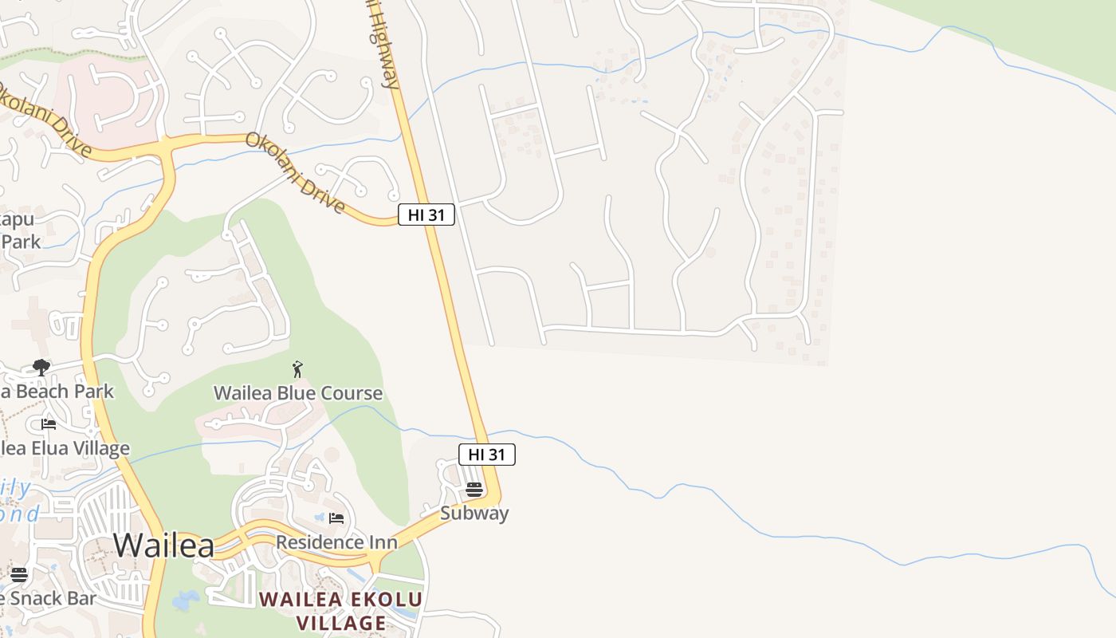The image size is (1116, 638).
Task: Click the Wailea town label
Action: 163,545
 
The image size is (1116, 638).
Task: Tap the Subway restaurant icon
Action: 474,489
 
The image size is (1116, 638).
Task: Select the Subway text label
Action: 474,513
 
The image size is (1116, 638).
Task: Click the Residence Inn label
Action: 336,542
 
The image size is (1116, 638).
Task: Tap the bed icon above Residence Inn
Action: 336,518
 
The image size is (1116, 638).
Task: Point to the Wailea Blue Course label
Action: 298,393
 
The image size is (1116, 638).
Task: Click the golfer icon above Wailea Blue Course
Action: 297,369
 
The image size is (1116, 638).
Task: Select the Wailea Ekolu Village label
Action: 341,611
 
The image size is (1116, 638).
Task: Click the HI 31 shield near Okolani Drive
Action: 426,215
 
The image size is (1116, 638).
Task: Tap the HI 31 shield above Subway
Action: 487,455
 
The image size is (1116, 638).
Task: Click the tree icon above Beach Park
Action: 41,368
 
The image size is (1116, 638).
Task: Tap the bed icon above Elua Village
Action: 49,423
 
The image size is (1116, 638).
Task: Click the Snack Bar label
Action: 48,598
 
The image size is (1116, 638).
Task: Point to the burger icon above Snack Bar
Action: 19,574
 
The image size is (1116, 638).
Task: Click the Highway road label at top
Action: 383,44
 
